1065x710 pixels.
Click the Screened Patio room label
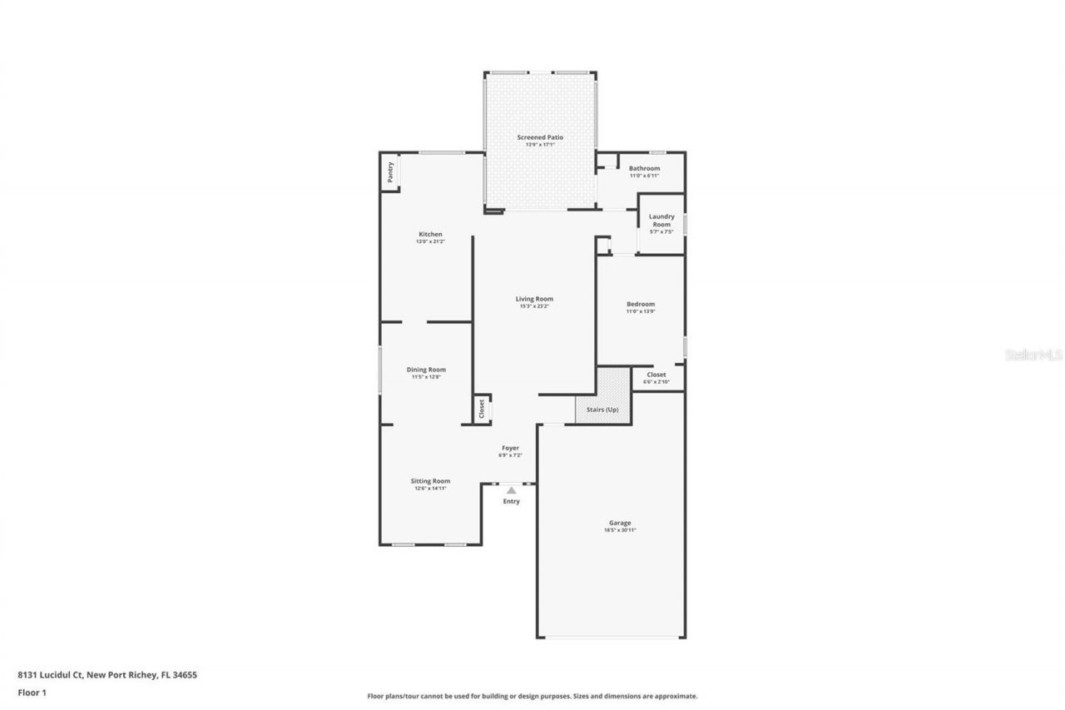540,137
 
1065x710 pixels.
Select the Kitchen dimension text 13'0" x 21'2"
430,242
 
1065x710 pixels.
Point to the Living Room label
534,299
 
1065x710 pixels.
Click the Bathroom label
644,168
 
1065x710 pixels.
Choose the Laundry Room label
661,221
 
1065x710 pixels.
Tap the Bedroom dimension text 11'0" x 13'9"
641,311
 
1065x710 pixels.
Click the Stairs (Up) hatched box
602,410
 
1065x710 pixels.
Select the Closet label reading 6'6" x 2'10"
656,381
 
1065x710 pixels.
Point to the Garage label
620,523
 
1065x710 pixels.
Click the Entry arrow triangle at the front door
511,490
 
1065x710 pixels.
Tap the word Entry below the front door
511,501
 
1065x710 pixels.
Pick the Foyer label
510,448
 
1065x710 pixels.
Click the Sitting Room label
430,480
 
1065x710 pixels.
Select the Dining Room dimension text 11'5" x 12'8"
426,377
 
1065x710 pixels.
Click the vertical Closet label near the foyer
481,409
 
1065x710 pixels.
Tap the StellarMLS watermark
1034,355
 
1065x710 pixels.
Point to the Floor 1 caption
32,692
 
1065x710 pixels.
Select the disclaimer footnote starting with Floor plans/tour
532,696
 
